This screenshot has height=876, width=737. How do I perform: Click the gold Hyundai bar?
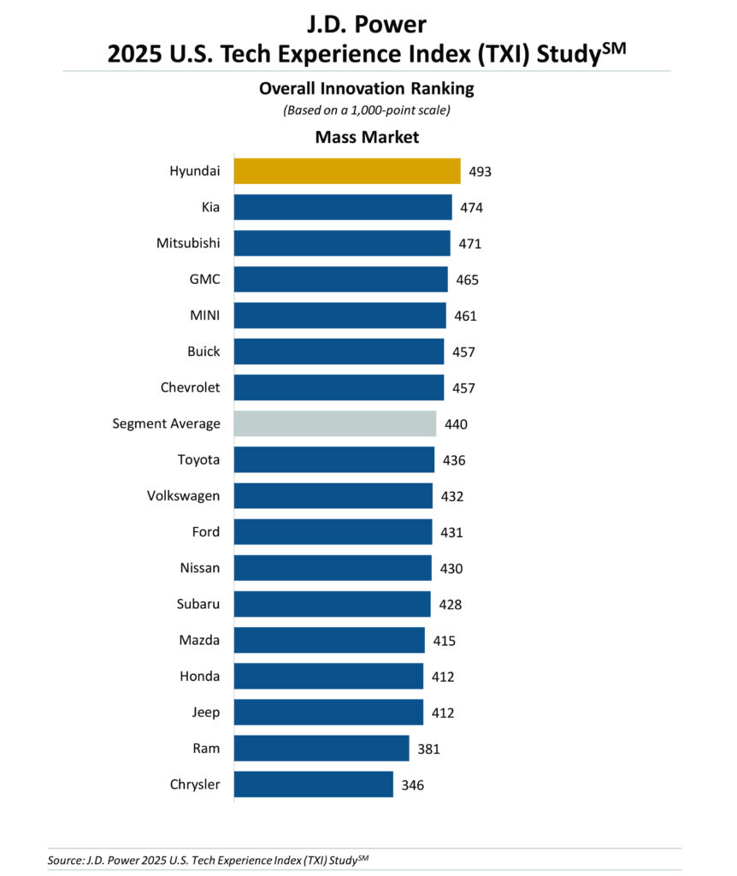point(347,171)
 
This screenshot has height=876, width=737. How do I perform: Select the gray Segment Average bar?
point(335,423)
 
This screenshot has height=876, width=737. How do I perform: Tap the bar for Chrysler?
point(314,784)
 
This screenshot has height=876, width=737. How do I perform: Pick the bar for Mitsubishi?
point(342,243)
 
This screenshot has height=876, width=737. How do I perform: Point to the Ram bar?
point(321,749)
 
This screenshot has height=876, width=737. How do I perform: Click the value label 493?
point(480,171)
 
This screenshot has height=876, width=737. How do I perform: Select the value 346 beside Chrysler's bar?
point(412,784)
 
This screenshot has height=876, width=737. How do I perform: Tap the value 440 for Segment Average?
point(455,423)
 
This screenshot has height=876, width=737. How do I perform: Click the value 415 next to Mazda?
point(443,641)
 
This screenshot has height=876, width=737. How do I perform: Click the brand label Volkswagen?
point(184,495)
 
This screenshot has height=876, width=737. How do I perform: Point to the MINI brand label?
point(203,316)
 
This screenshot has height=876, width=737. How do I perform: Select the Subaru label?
point(198,604)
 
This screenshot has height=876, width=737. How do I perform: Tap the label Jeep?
point(206,712)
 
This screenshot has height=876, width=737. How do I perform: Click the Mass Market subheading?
point(367,137)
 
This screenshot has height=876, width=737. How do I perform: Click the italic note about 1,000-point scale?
point(367,109)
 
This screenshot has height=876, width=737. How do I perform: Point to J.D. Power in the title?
point(367,23)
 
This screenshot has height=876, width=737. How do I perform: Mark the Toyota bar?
point(334,459)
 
